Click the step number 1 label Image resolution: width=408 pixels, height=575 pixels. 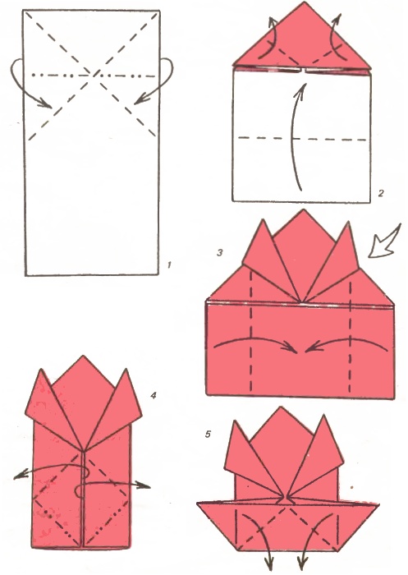169,264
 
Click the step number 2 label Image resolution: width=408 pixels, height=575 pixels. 381,192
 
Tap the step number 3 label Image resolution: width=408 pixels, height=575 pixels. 219,252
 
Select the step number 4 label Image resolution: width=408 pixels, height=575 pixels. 154,395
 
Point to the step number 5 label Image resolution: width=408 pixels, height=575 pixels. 208,435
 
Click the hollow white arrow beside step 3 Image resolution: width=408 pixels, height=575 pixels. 383,242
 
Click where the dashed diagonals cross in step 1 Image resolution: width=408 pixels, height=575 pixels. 92,76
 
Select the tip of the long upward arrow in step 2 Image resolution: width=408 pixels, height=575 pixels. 304,84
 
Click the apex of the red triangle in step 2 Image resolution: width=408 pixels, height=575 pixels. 303,2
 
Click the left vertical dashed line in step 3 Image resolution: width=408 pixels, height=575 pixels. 251,330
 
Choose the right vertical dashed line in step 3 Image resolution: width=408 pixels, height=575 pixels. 350,332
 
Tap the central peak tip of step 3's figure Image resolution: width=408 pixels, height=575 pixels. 303,209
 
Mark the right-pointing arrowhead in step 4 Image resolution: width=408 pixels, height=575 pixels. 144,486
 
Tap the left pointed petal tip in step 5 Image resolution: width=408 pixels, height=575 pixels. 233,421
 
